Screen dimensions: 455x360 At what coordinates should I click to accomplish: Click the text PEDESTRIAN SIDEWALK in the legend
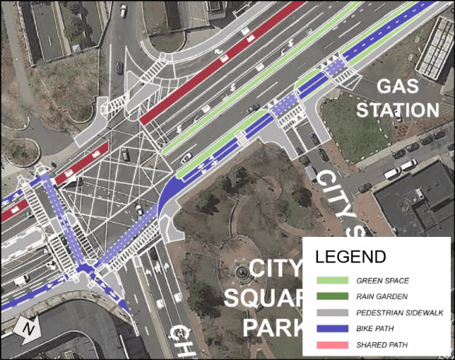click(x=400, y=312)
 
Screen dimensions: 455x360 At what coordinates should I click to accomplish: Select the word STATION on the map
click(x=397, y=109)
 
